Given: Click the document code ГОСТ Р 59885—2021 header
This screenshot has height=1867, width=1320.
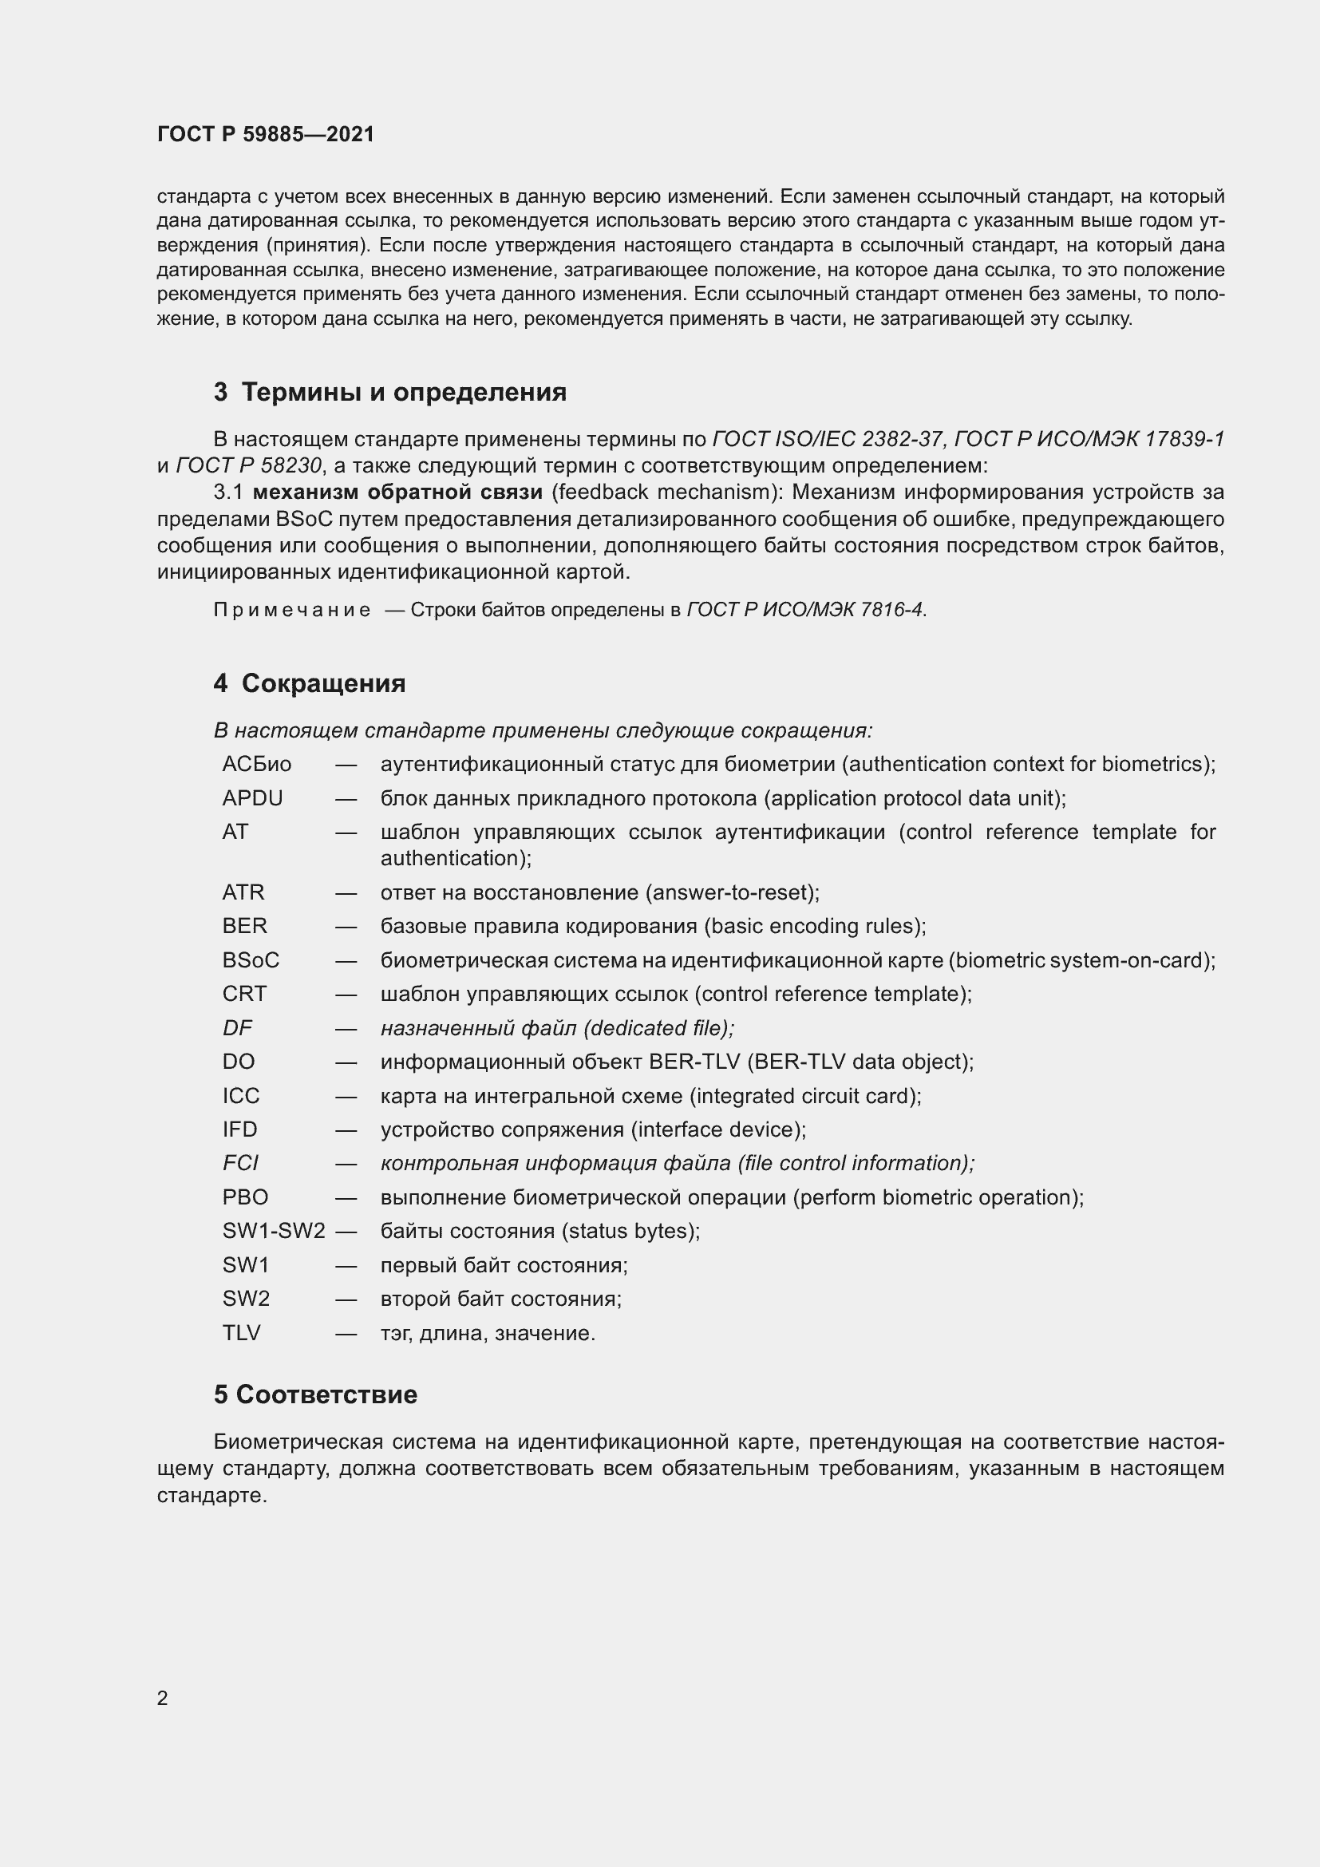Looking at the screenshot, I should point(266,134).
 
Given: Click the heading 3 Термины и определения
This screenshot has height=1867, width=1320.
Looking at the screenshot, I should point(390,392).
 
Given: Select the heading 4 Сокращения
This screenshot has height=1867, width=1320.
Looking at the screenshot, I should point(310,683).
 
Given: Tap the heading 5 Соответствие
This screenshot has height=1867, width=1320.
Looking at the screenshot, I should point(315,1394).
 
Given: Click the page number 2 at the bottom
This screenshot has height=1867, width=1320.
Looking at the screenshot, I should point(163,1698).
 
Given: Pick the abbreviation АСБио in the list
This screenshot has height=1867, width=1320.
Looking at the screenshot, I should point(257,765).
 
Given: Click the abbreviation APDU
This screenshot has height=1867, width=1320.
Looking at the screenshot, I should point(253,798).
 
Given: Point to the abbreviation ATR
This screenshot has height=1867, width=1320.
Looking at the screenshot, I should point(244,892).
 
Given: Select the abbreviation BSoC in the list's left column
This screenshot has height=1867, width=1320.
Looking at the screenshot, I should point(251,960).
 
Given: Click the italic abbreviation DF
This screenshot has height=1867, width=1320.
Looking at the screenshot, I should point(237,1028).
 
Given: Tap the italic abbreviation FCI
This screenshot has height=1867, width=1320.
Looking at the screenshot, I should point(240,1163).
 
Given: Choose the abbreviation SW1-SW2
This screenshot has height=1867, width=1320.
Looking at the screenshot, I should point(274,1231).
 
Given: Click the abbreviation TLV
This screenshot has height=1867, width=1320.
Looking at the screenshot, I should point(241,1333).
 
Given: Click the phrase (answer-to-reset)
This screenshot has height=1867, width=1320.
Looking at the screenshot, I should point(733,893).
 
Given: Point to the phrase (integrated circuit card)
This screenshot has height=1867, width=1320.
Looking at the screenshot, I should point(805,1096).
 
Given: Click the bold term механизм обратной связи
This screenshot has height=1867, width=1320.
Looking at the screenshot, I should point(397,492).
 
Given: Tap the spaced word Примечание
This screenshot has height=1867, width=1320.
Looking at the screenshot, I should point(292,610).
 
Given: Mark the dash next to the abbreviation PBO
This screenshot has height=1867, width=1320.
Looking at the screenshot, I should point(346,1198).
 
